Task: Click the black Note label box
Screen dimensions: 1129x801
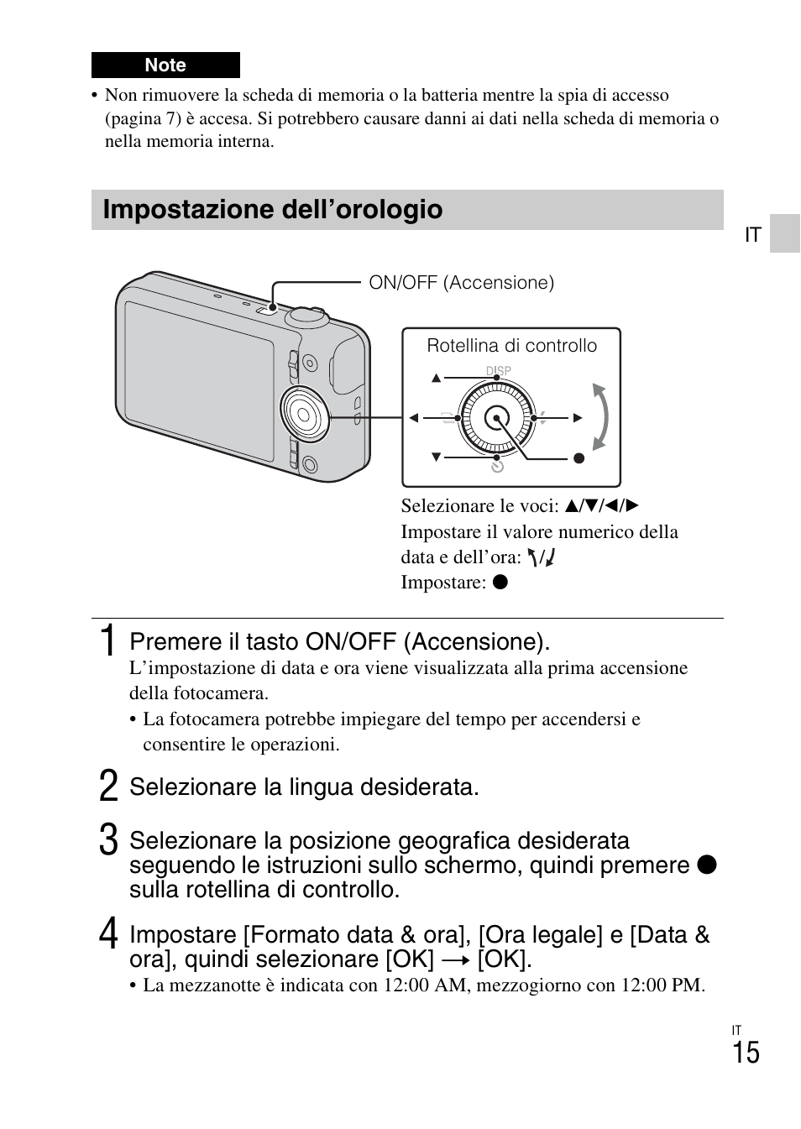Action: tap(165, 65)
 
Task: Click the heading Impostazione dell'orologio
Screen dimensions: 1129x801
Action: tap(273, 210)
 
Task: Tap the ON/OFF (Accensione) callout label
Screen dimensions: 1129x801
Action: tap(461, 283)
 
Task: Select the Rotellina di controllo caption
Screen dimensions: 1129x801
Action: tap(511, 346)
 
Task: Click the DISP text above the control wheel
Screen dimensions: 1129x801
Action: tap(499, 370)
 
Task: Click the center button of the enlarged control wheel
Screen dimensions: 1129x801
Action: tap(497, 418)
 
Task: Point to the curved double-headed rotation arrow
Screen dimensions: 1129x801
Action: tap(599, 416)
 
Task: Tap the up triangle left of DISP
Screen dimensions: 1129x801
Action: tap(436, 379)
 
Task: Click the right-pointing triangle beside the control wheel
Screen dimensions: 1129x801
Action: tap(578, 418)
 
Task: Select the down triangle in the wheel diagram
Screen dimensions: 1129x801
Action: tap(436, 457)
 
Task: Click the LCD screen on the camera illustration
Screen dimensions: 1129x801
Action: tap(200, 378)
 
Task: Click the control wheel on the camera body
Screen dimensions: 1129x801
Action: tap(304, 413)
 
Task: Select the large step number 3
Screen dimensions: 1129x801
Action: tap(107, 840)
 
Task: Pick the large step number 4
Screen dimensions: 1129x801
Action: tap(107, 934)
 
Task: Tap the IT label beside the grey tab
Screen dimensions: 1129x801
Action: tap(752, 235)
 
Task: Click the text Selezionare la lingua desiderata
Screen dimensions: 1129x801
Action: tap(304, 787)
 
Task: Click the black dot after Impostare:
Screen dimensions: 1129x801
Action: tap(500, 582)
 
